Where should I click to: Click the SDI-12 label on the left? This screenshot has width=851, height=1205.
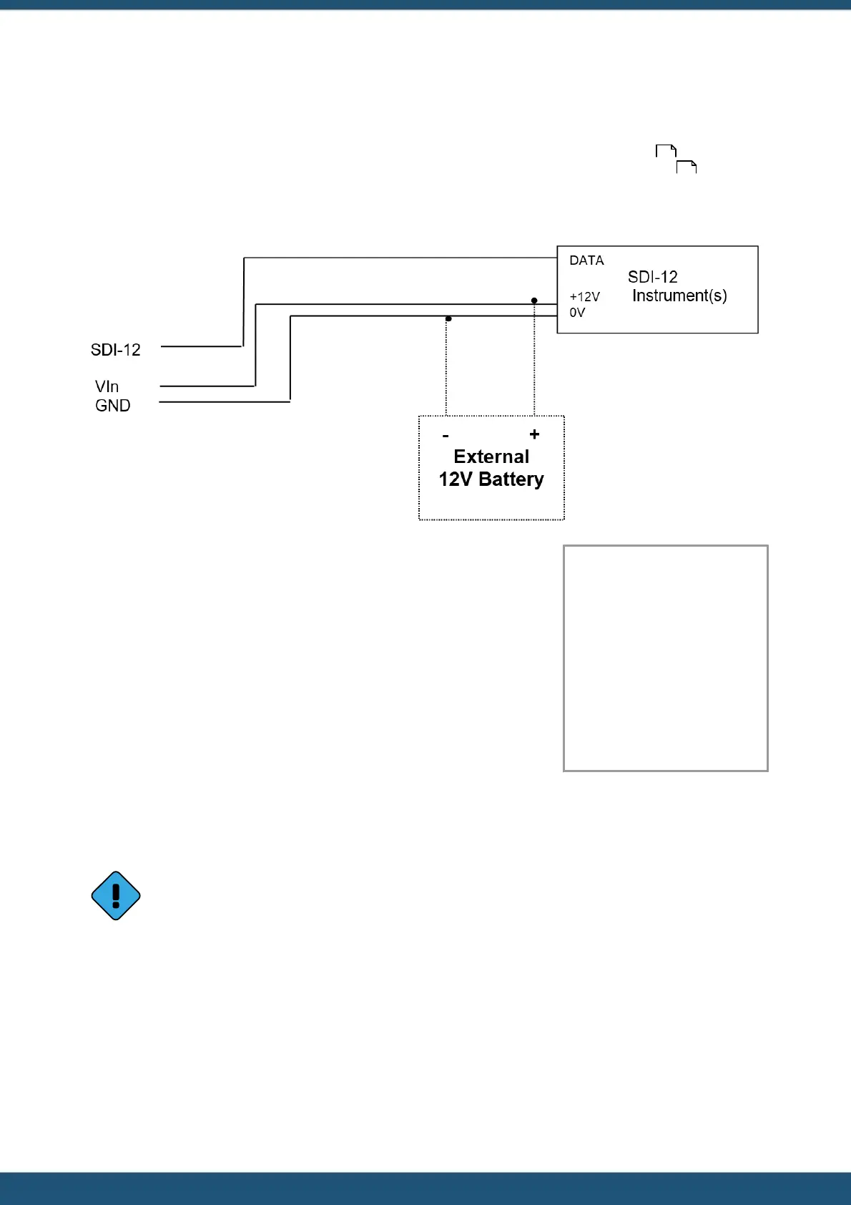[115, 350]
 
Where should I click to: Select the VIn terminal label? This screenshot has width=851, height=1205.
[107, 386]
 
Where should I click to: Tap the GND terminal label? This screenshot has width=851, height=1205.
[112, 406]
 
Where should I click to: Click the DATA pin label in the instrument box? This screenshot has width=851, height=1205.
[586, 260]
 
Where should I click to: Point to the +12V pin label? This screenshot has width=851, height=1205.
[584, 297]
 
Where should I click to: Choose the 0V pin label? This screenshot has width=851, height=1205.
[577, 313]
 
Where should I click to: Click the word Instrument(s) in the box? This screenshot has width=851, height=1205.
[679, 296]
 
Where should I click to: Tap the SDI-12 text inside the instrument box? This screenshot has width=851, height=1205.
[652, 277]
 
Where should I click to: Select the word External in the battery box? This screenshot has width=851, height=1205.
[491, 457]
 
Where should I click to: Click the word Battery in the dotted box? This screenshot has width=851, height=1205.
[511, 479]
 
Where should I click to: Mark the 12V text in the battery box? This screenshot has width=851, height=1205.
[456, 479]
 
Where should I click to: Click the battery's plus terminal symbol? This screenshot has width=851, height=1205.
[534, 434]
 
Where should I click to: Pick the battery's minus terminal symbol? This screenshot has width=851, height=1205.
[446, 436]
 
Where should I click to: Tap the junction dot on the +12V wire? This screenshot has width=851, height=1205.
[534, 301]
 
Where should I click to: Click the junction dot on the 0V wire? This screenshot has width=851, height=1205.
[448, 318]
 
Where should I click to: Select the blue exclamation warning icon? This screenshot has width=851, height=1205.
[116, 895]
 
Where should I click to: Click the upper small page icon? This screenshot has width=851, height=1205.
[666, 151]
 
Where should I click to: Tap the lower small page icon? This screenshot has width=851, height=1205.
[687, 167]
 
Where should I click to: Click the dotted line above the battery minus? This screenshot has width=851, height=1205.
[446, 369]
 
